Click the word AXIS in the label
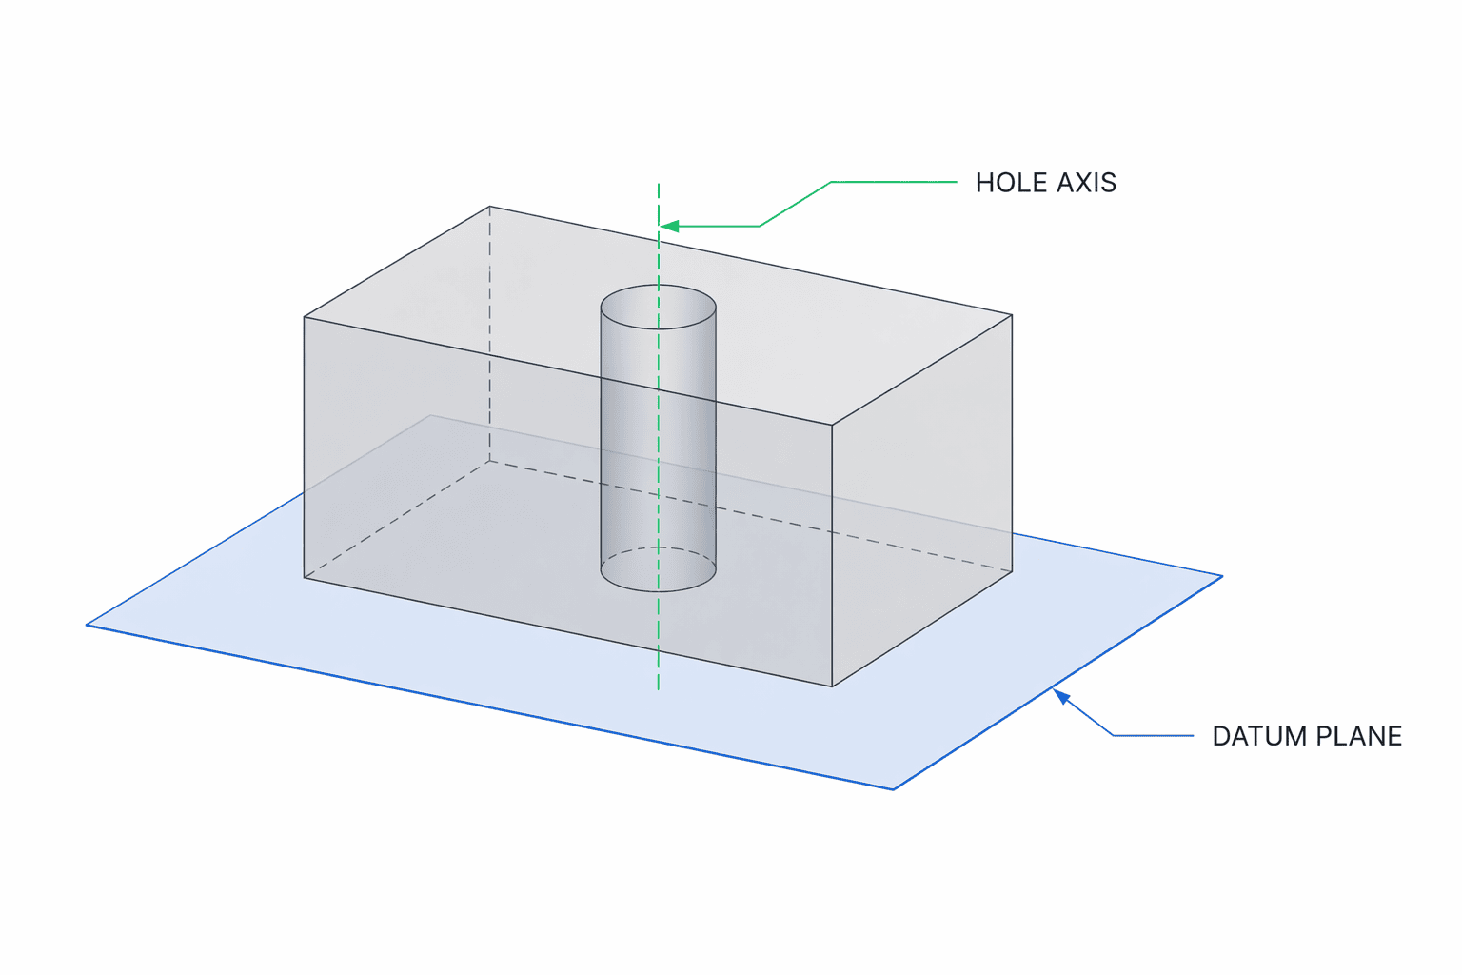1087,183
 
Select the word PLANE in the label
1359,736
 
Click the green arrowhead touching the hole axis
669,226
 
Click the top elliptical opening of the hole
658,286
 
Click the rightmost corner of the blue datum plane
1222,577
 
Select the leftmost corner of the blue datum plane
87,625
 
